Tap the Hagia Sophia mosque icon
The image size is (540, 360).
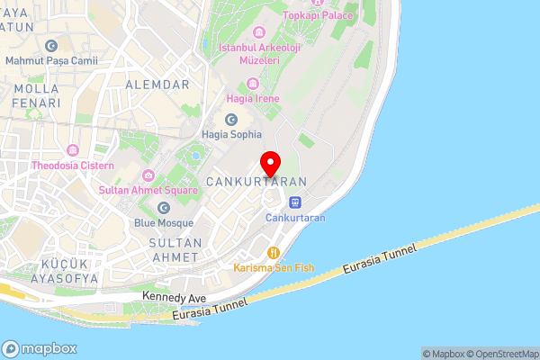tap(231, 120)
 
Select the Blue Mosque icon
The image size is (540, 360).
tap(163, 208)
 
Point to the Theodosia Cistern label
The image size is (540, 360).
tap(72, 166)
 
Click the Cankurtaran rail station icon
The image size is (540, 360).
tap(295, 202)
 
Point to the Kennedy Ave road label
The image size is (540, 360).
tap(174, 296)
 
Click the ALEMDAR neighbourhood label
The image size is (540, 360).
tap(158, 85)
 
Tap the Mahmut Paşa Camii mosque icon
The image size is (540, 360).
tap(50, 46)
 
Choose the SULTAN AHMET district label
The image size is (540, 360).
tap(175, 250)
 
